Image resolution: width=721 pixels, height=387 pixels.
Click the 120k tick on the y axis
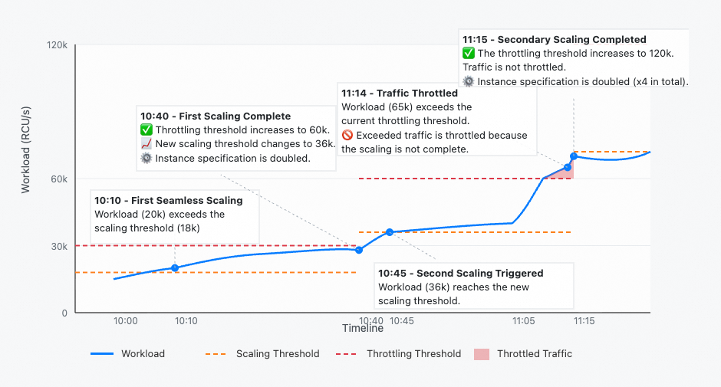tap(58, 46)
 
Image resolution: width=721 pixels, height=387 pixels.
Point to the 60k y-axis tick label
tap(60, 179)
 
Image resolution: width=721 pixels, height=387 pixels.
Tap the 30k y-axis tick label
tap(60, 246)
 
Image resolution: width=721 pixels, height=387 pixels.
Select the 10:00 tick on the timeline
tap(125, 321)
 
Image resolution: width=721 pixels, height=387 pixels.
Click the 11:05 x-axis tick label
tap(525, 321)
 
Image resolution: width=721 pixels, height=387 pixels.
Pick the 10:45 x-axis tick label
tap(402, 321)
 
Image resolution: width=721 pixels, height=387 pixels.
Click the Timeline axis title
tap(363, 329)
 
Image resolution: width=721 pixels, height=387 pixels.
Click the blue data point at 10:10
tap(175, 267)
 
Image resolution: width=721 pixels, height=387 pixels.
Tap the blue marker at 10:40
tap(359, 250)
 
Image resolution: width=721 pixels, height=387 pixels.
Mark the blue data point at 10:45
tap(390, 231)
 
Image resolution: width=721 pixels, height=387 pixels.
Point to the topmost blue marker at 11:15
tap(574, 156)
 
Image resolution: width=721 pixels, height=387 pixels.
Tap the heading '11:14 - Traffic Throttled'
tap(399, 93)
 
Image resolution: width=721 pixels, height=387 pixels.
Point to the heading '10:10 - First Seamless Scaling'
tap(168, 201)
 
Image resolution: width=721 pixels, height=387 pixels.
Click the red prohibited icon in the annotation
tap(347, 136)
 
